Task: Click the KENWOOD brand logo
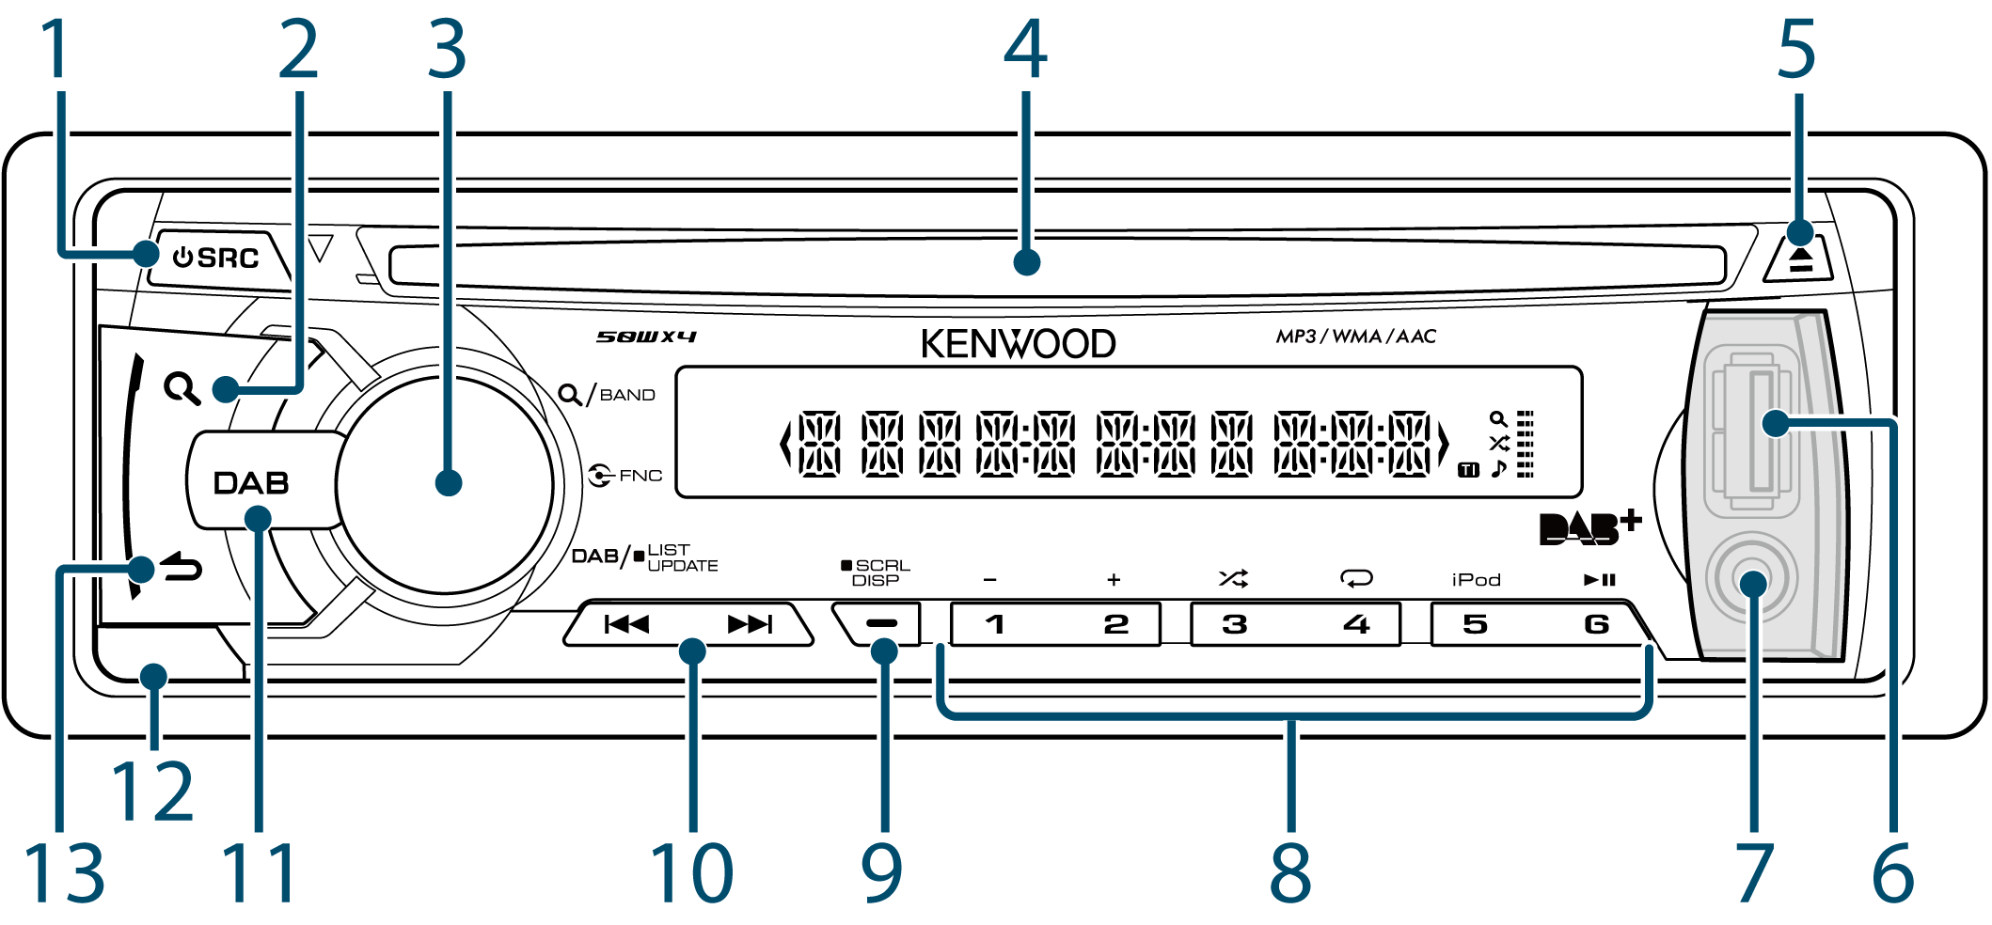tap(1018, 344)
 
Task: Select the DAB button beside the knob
tap(250, 482)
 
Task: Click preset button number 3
tap(1234, 624)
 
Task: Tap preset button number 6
tap(1595, 624)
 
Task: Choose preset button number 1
tap(995, 624)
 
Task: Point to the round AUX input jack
tap(1751, 581)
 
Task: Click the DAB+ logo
tap(1589, 528)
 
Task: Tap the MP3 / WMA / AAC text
tap(1355, 337)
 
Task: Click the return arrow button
tap(181, 568)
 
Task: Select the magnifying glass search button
tap(182, 388)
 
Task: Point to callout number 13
tap(64, 872)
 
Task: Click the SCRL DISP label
tap(877, 572)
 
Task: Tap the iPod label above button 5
tap(1476, 580)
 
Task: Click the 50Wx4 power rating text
tap(646, 337)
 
